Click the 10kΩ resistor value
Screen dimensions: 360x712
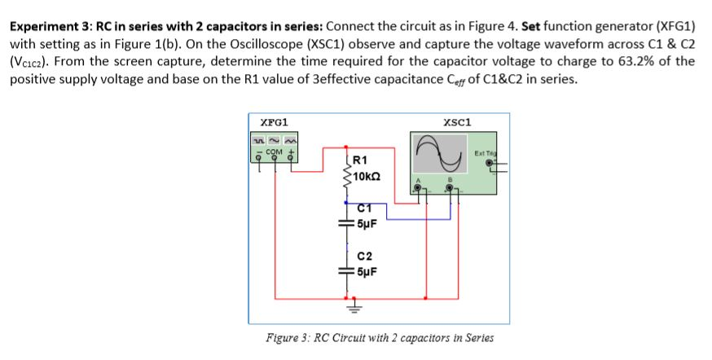tap(366, 173)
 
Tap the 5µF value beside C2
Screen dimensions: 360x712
tap(364, 274)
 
